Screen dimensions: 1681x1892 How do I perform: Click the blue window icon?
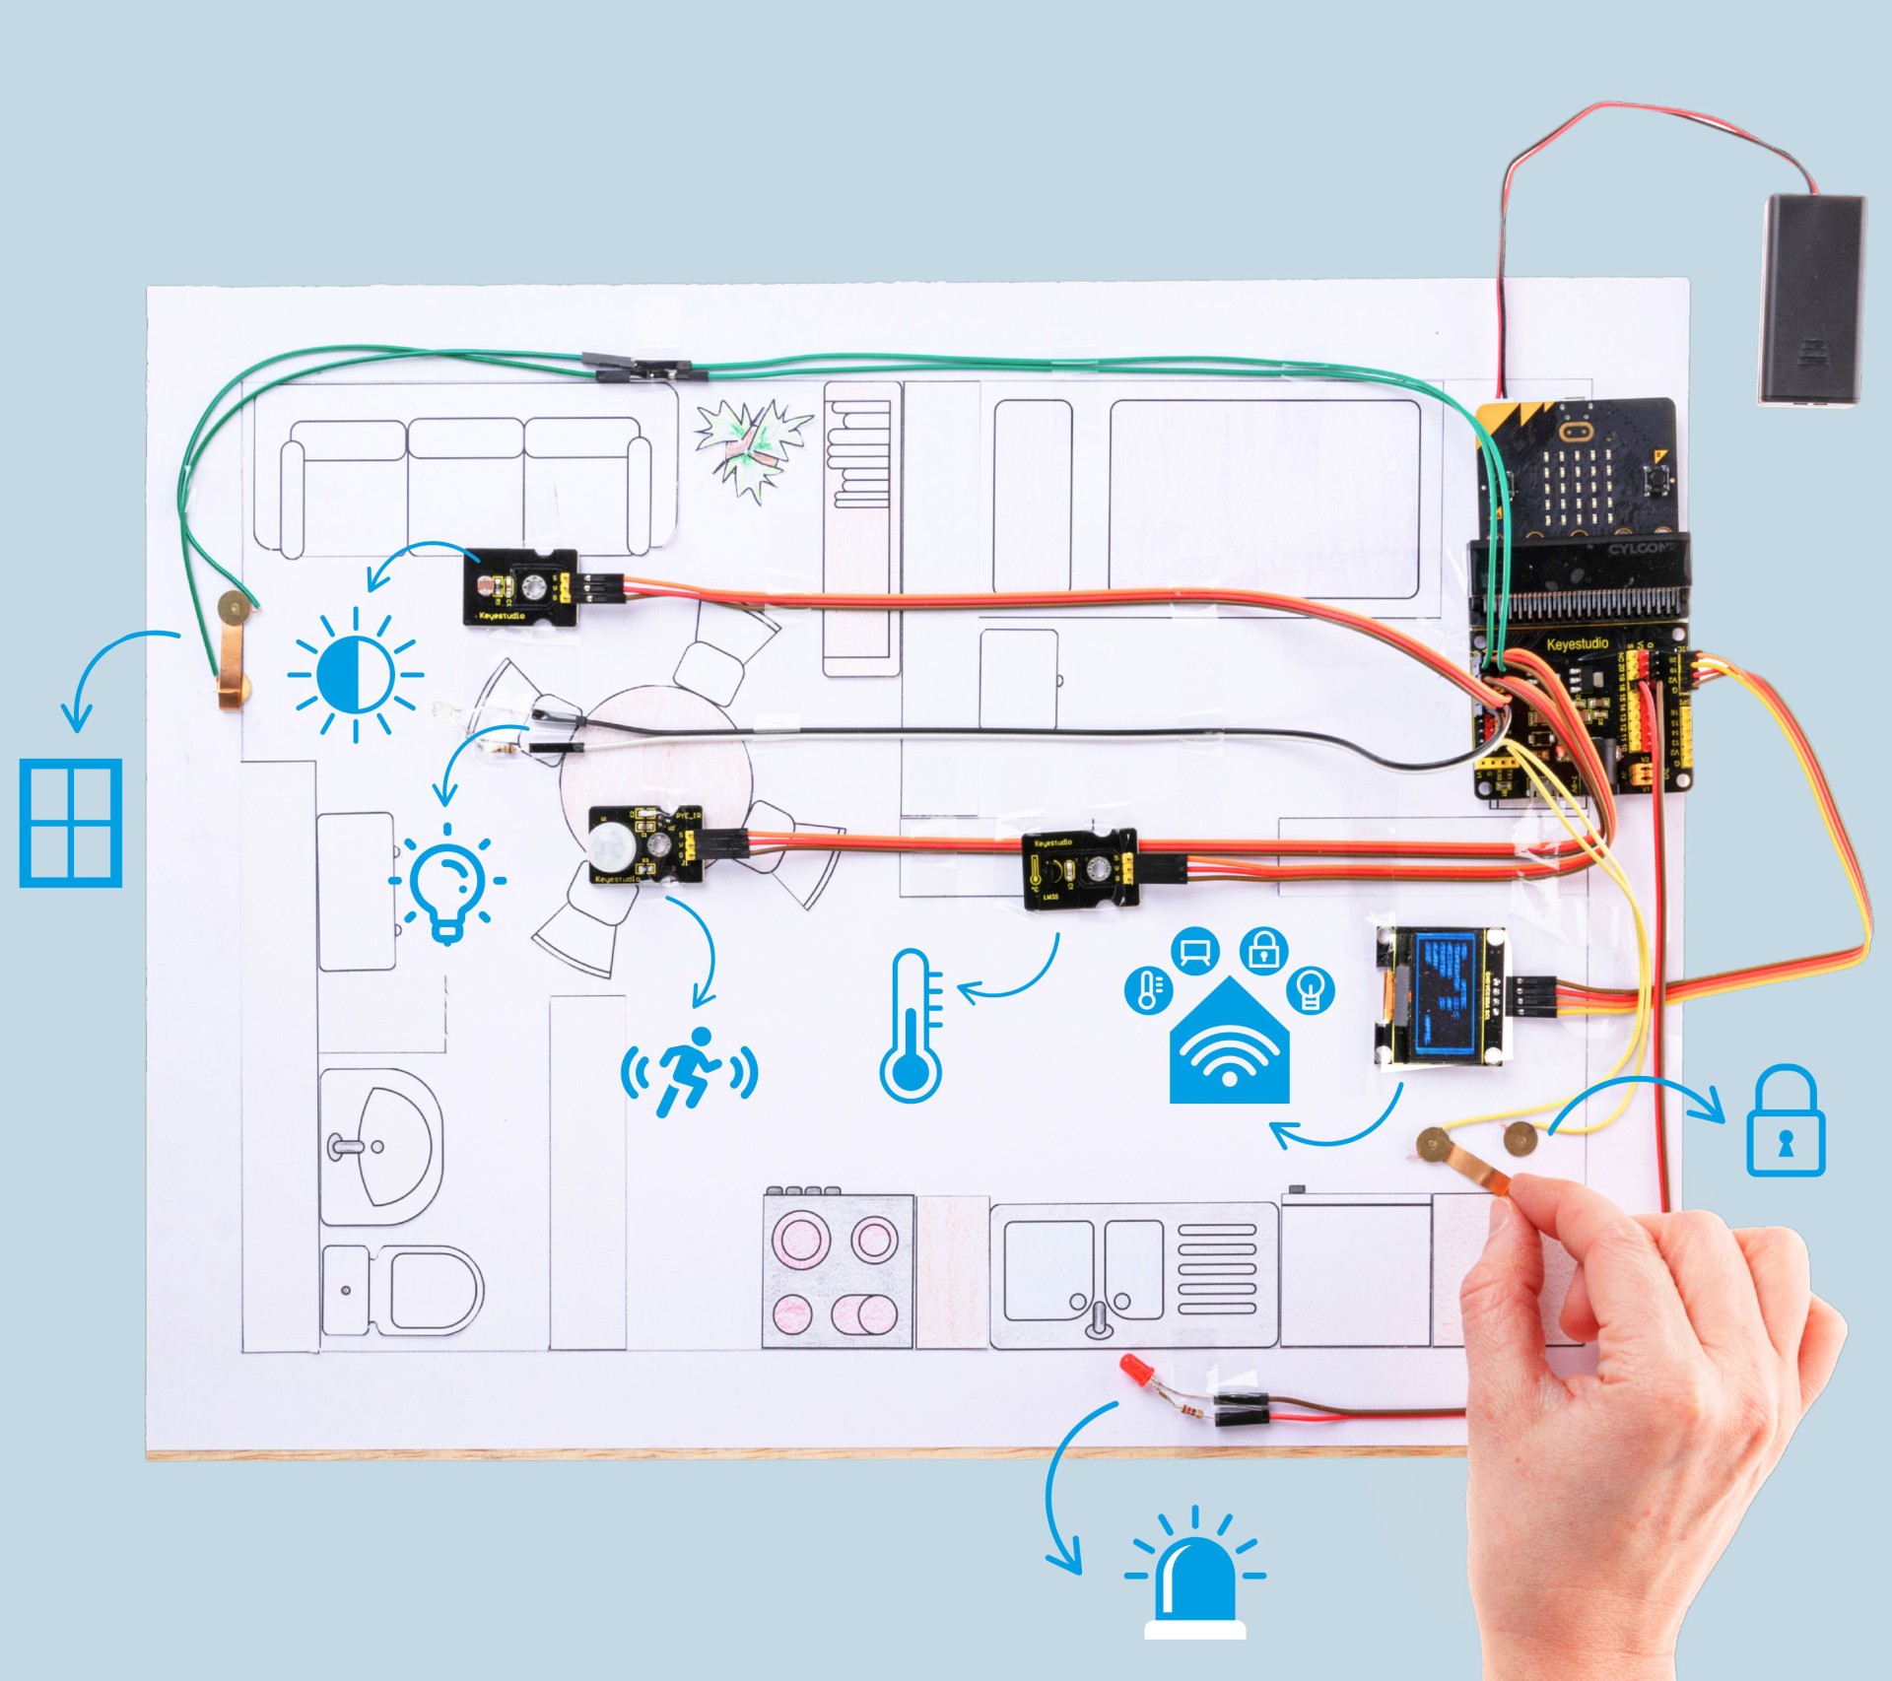(72, 822)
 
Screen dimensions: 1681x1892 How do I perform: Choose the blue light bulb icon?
(448, 883)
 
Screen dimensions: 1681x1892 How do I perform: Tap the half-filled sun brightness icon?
(356, 675)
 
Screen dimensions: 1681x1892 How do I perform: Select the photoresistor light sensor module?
(518, 586)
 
